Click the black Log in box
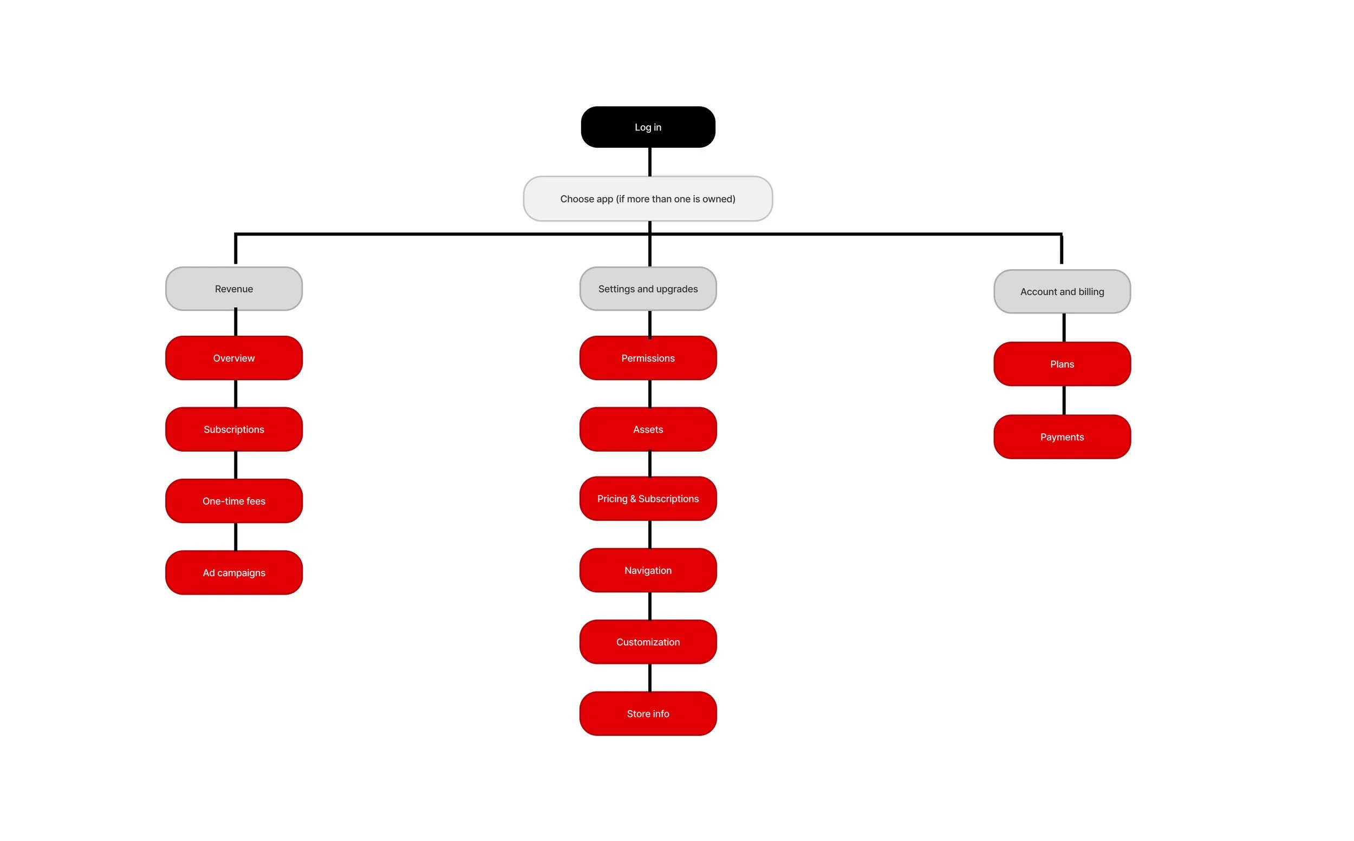click(x=648, y=127)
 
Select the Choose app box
click(x=648, y=199)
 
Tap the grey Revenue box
click(x=234, y=289)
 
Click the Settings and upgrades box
click(x=648, y=289)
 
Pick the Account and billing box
click(x=1062, y=292)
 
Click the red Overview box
click(x=234, y=358)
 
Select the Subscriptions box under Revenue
click(x=234, y=429)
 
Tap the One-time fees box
click(x=234, y=501)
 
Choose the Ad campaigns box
click(x=234, y=573)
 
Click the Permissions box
click(x=648, y=358)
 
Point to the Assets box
click(x=648, y=429)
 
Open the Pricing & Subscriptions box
click(x=648, y=499)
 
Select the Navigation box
click(x=648, y=571)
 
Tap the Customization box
click(x=648, y=642)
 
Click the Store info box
click(x=648, y=714)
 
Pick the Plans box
click(x=1062, y=364)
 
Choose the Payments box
click(x=1062, y=437)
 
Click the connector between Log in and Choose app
click(x=650, y=162)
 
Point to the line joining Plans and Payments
click(x=1064, y=401)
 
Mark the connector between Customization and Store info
click(x=650, y=678)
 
